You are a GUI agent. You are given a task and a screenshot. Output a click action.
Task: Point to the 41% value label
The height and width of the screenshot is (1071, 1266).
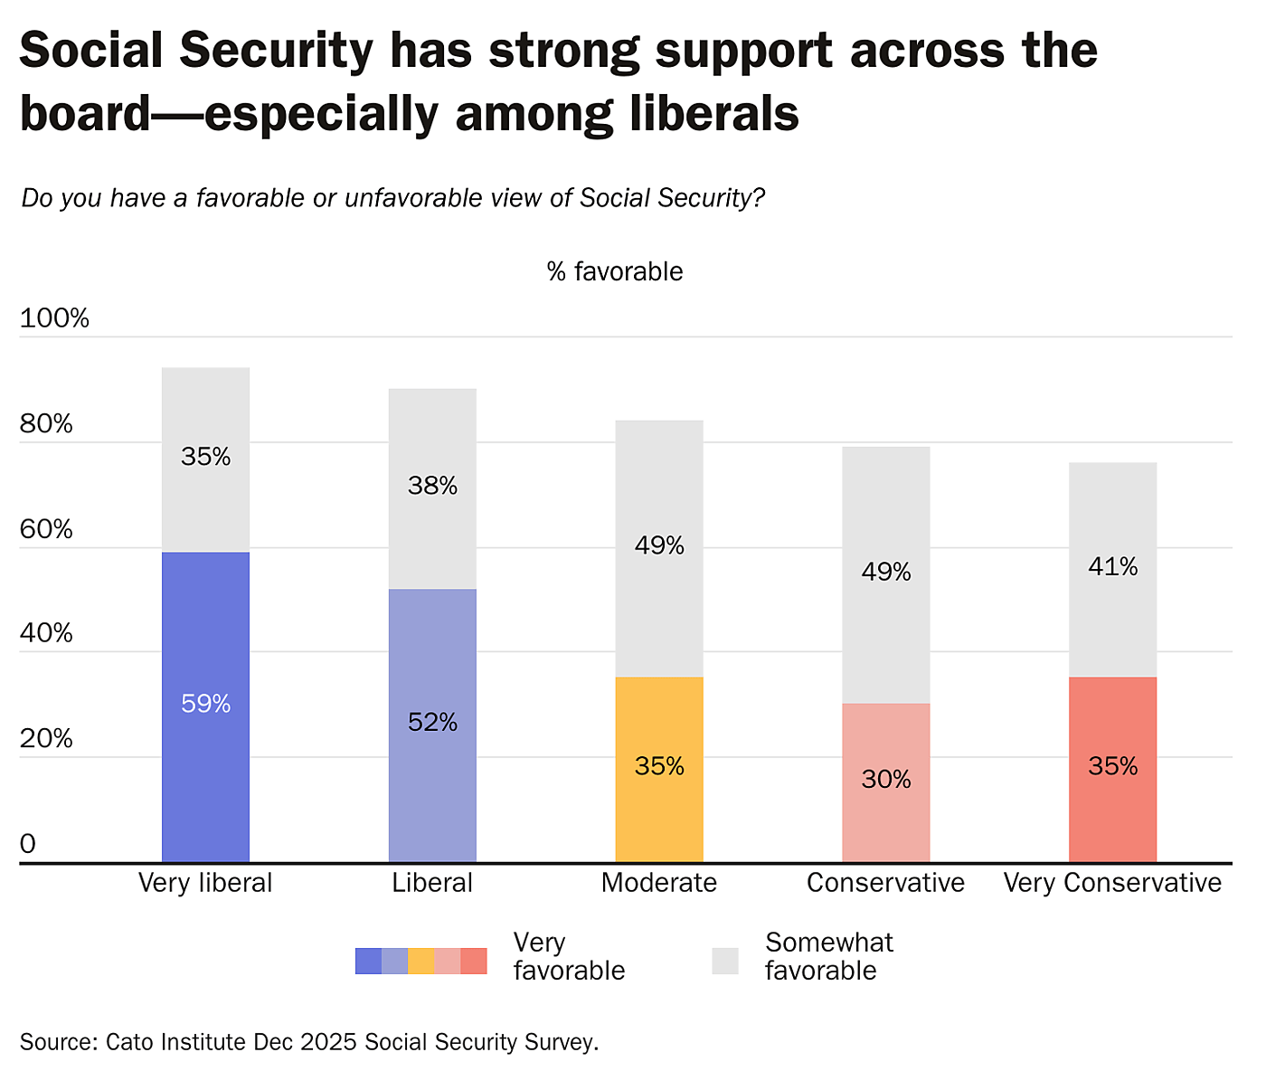pyautogui.click(x=1112, y=567)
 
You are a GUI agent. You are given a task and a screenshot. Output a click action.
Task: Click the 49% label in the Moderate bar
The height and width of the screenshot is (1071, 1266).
pyautogui.click(x=659, y=545)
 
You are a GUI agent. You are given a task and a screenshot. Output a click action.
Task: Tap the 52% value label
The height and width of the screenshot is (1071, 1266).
pyautogui.click(x=432, y=722)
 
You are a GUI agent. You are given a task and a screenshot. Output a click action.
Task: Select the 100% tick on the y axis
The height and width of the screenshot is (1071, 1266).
pyautogui.click(x=54, y=318)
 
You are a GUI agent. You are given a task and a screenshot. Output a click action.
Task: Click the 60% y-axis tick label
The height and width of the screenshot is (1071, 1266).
pyautogui.click(x=46, y=529)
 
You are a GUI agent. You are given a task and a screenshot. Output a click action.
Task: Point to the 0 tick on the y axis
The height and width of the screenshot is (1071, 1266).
pyautogui.click(x=28, y=844)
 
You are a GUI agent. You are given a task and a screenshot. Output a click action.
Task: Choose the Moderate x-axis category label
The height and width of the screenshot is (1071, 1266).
pyautogui.click(x=659, y=883)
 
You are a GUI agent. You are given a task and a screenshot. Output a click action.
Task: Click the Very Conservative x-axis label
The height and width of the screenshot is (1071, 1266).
pyautogui.click(x=1112, y=883)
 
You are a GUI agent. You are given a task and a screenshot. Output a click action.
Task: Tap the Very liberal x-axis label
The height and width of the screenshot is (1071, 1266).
pyautogui.click(x=205, y=883)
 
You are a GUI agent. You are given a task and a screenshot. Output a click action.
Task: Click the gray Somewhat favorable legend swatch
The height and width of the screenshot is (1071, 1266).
pyautogui.click(x=725, y=961)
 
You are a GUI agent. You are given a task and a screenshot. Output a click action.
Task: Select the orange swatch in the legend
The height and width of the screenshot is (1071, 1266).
pyautogui.click(x=421, y=961)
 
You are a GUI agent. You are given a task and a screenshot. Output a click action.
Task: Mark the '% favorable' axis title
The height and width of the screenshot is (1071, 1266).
pyautogui.click(x=615, y=271)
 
